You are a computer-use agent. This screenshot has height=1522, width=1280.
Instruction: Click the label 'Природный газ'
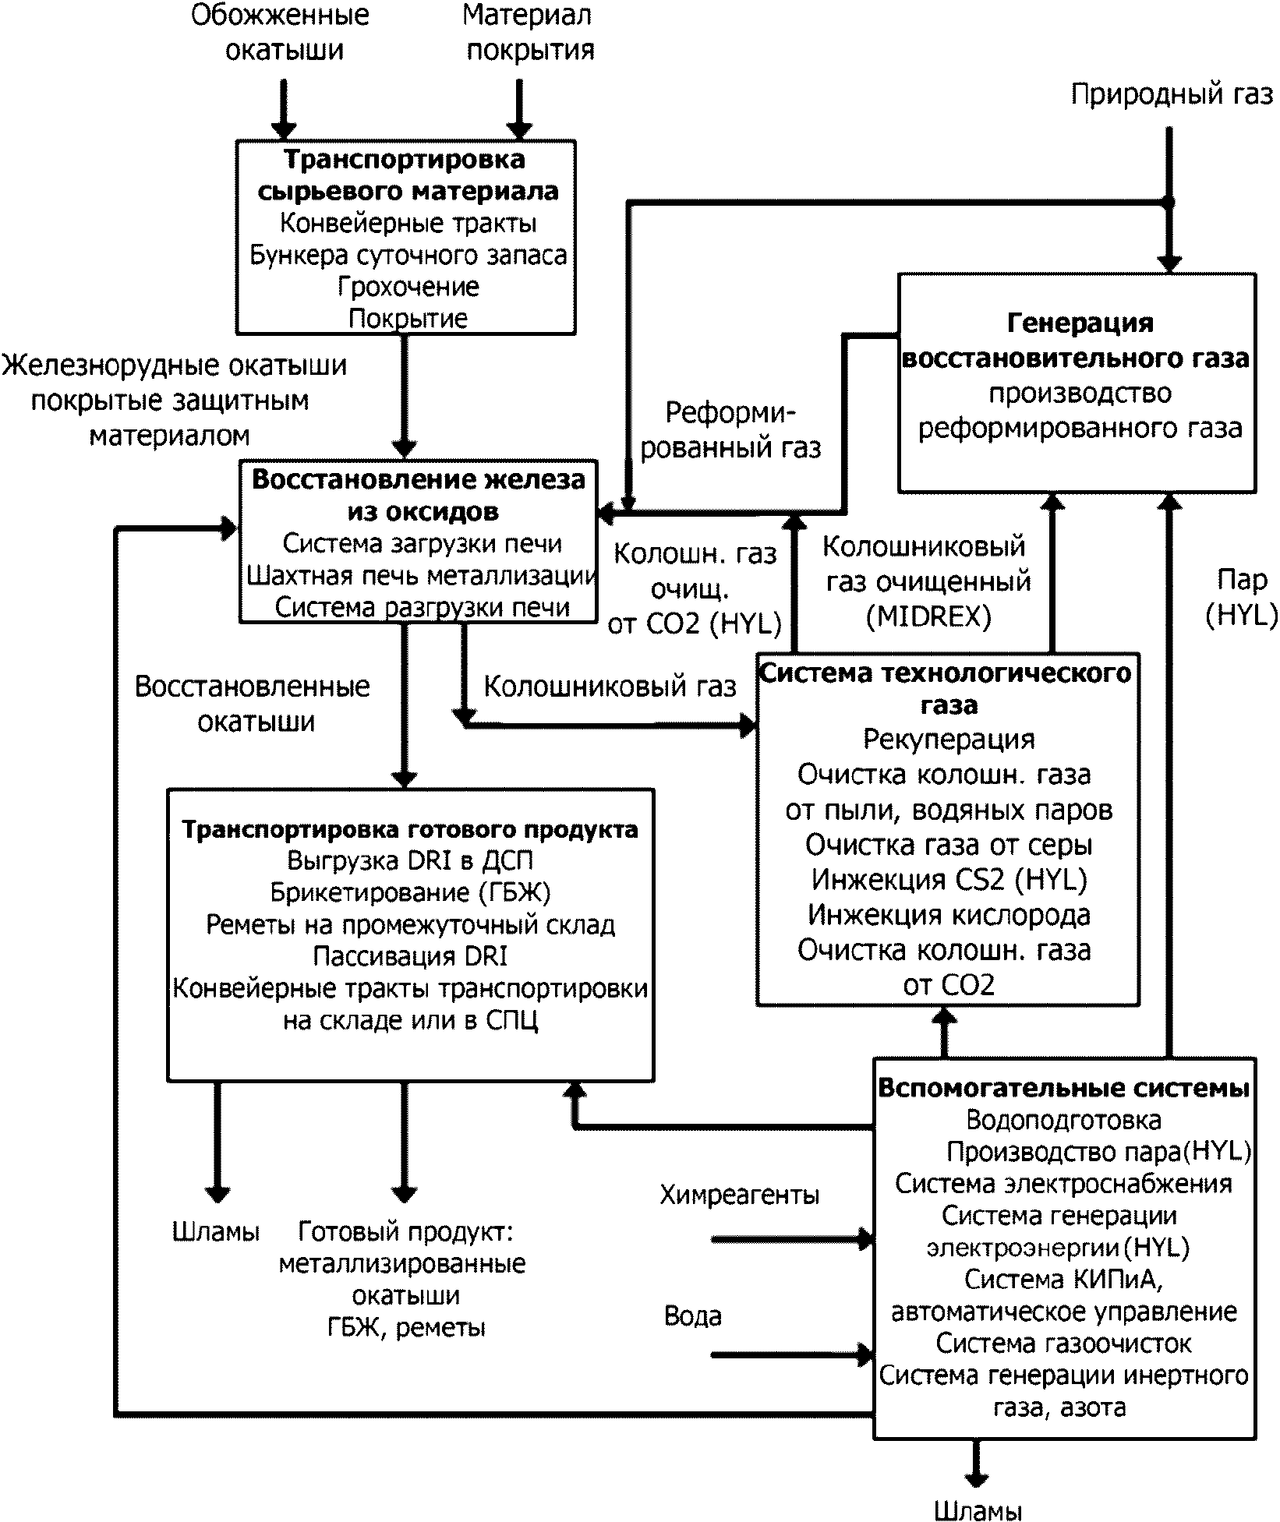pos(1172,95)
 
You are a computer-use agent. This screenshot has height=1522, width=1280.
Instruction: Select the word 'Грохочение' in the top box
pos(408,287)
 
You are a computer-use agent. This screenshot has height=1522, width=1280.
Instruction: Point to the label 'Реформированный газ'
pos(730,430)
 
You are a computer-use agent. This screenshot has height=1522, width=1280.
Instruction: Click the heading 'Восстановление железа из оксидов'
pos(419,495)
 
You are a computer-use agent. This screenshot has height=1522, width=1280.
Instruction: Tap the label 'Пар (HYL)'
pos(1241,598)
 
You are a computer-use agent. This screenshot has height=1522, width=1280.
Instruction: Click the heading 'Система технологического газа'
pos(946,689)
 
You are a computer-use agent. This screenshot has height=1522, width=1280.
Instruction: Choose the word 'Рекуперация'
pos(949,739)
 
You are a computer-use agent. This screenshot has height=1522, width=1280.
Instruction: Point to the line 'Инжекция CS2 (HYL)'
pos(949,879)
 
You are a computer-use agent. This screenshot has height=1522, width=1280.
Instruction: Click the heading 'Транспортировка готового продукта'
pos(410,829)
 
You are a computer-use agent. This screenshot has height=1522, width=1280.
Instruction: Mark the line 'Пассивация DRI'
pos(410,956)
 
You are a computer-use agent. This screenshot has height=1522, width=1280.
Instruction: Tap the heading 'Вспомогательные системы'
pos(1064,1088)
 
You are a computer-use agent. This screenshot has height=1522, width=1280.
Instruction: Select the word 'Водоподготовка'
pos(1063,1120)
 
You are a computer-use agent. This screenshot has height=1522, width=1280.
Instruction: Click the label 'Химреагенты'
pos(740,1195)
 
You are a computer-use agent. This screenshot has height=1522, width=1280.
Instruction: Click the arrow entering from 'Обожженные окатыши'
pos(283,109)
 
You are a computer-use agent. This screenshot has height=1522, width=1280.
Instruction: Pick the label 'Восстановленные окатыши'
pos(253,704)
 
